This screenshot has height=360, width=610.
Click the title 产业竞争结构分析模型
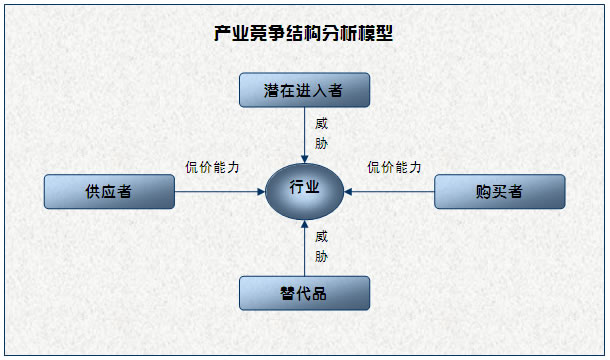[304, 34]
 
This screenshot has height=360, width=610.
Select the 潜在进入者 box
[304, 90]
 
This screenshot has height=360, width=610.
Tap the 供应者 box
[109, 191]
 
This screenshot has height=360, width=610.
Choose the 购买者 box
[499, 191]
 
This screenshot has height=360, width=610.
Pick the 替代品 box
[304, 293]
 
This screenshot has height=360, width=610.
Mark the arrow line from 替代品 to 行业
[304, 250]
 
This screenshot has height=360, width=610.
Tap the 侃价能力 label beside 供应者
[212, 167]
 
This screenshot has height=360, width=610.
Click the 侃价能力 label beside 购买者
[394, 167]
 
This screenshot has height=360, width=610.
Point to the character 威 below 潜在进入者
[321, 124]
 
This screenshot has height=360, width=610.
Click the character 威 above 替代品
[321, 237]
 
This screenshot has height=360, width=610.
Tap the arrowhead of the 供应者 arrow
[259, 190]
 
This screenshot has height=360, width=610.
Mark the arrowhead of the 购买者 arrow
[349, 190]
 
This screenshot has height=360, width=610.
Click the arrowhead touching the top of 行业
[304, 157]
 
